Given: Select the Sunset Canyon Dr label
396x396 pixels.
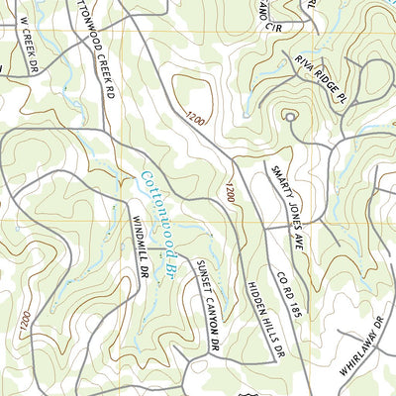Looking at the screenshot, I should (x=205, y=307).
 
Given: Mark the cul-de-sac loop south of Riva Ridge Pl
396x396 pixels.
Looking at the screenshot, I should (x=291, y=117).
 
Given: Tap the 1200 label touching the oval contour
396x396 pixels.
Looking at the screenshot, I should (x=194, y=119).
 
